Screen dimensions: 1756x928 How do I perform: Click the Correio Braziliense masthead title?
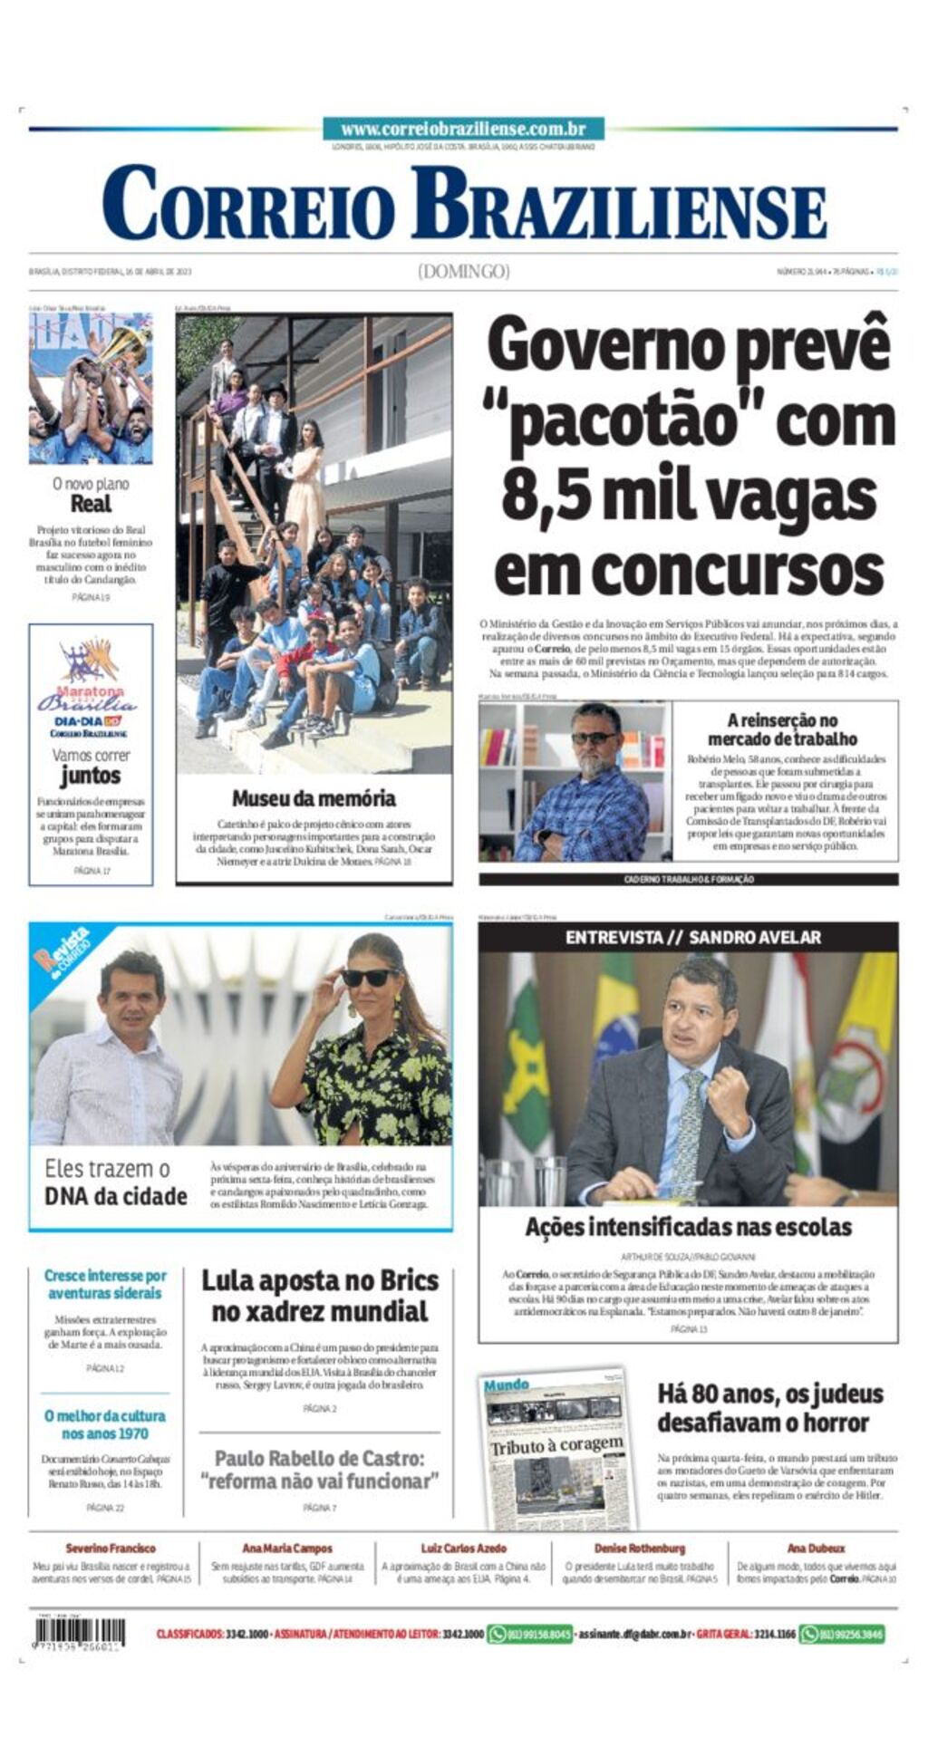[x=464, y=204]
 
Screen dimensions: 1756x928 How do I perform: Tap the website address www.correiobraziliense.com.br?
[x=463, y=129]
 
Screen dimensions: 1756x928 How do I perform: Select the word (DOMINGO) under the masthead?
[x=464, y=271]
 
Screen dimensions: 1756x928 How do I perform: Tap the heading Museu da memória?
[x=314, y=798]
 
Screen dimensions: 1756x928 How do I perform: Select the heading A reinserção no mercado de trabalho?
[x=783, y=729]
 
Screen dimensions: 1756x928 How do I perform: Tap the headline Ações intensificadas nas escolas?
[x=689, y=1227]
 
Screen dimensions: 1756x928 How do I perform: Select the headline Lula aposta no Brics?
[x=320, y=1296]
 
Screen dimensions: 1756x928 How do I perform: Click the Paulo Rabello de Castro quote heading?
[x=320, y=1470]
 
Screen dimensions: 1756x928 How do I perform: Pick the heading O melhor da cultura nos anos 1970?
[x=105, y=1424]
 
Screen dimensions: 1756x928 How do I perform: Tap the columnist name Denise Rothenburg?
[x=640, y=1549]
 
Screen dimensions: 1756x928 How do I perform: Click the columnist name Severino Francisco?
[x=111, y=1549]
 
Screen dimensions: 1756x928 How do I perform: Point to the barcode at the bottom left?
[x=80, y=1633]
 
